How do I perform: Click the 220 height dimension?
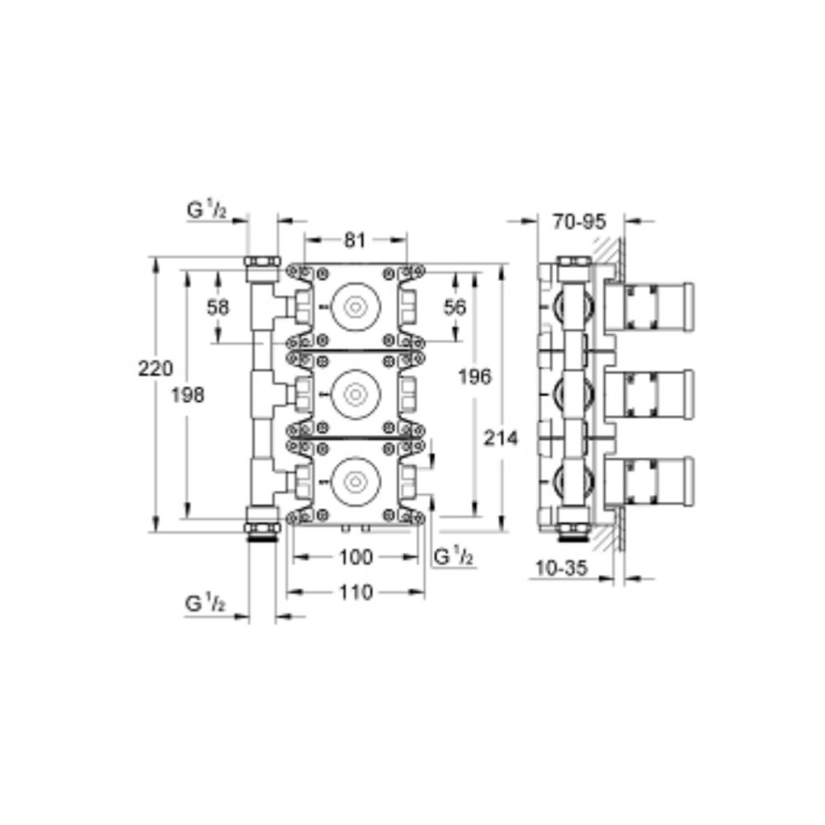coord(155,368)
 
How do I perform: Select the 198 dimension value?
coord(188,394)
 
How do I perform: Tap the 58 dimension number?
coord(218,307)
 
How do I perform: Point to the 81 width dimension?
coord(355,240)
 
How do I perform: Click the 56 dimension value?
coord(455,307)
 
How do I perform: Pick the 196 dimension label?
coord(474,377)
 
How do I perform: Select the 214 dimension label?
coord(501,438)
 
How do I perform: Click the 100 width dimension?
coord(356,557)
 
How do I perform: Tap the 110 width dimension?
coord(356,593)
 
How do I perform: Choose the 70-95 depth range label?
coord(579,221)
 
